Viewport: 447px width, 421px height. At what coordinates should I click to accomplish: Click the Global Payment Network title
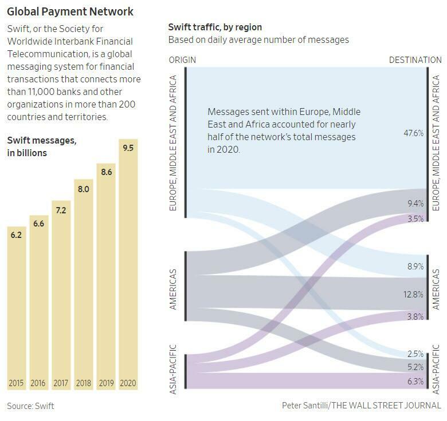(70, 11)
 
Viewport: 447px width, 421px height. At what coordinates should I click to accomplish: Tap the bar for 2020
(128, 263)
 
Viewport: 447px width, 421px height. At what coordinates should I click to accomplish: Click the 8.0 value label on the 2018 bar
(83, 189)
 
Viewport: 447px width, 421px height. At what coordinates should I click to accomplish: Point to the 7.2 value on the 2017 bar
(61, 210)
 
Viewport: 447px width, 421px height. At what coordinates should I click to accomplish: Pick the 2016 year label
(38, 383)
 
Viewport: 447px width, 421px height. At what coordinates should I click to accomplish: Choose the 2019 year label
(105, 383)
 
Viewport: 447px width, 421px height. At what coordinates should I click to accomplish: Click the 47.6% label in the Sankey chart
(414, 133)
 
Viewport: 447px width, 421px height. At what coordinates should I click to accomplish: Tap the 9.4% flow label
(414, 203)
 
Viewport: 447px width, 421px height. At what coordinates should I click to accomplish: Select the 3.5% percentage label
(415, 219)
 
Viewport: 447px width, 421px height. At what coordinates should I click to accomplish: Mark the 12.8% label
(413, 295)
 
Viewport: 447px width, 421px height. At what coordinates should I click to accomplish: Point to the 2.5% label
(415, 354)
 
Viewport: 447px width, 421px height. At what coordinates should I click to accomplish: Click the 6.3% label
(415, 382)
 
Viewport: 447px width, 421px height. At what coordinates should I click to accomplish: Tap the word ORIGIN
(183, 60)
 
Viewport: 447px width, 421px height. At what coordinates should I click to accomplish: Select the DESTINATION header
(415, 60)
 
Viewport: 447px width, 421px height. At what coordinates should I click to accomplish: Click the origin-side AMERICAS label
(174, 289)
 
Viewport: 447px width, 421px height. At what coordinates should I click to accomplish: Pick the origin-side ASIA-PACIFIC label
(174, 368)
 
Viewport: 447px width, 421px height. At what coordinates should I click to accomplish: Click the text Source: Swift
(30, 406)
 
